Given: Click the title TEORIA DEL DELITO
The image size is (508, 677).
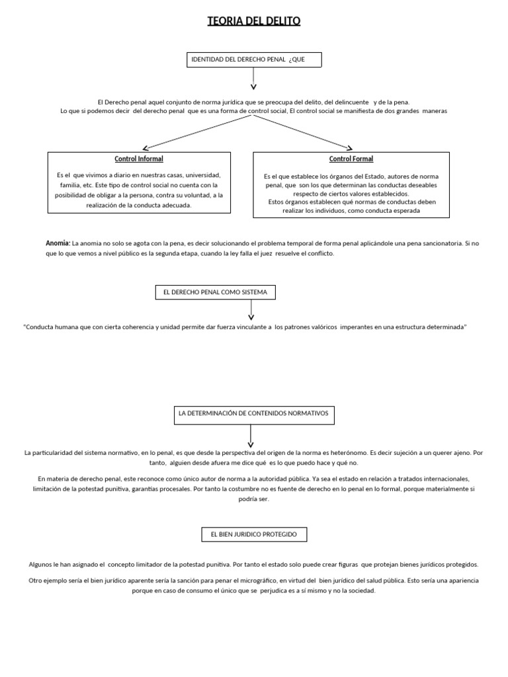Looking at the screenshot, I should pos(254,22).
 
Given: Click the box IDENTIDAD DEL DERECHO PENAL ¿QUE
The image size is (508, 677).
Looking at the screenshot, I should pos(254,60).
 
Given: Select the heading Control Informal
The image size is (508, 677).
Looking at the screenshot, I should pos(139,159).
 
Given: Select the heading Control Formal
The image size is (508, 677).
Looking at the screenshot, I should pos(351,159).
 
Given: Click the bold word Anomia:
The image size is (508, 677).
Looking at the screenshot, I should pos(58,243).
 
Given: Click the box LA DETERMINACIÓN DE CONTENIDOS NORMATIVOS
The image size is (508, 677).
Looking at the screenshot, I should pos(254,415).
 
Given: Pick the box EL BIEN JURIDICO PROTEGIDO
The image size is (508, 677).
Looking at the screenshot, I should pos(254,534).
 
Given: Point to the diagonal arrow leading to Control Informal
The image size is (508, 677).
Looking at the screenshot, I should pos(198,129).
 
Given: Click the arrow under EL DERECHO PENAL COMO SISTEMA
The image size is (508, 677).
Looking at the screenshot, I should pos(251,310).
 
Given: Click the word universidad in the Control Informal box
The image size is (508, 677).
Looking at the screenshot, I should pos(204,175).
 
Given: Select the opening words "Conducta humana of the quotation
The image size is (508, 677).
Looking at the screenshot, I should pos(50,327).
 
